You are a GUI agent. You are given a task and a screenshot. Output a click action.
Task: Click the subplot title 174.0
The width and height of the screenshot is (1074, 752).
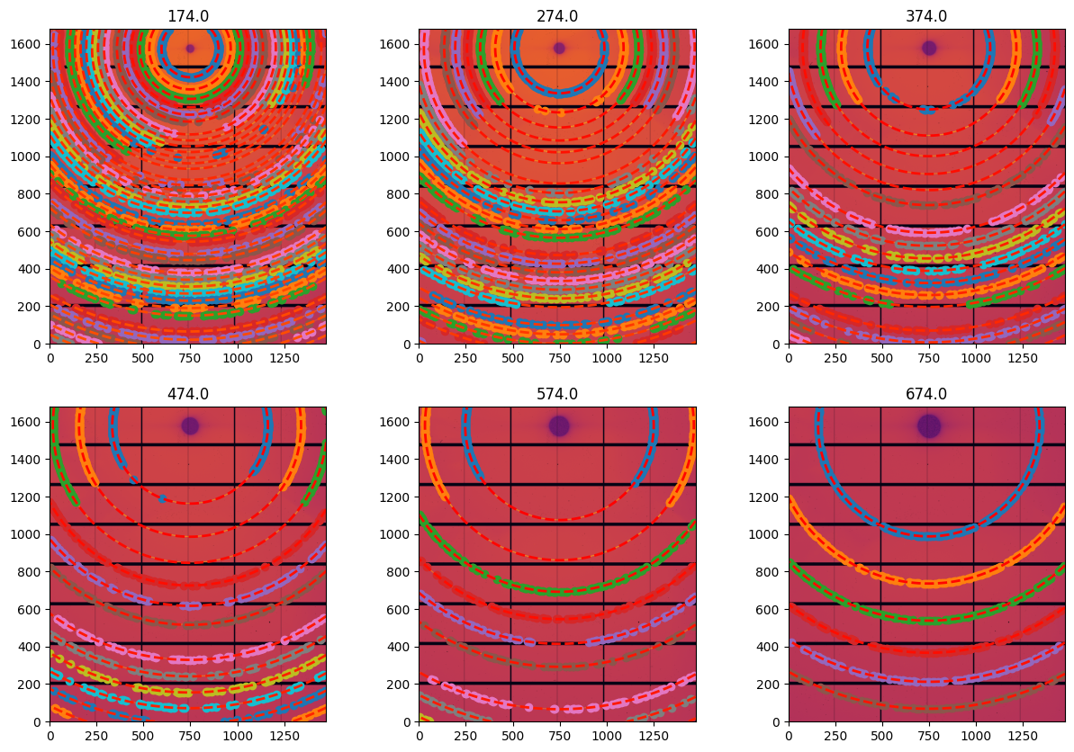[188, 16]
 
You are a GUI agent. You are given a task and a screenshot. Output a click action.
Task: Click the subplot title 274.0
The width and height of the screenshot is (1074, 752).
[557, 16]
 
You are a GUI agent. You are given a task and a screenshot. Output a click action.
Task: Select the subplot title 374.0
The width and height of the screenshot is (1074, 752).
[926, 16]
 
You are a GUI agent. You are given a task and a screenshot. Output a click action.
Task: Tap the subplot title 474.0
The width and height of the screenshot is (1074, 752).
[188, 394]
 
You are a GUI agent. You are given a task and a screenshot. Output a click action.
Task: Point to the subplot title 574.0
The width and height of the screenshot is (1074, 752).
[557, 394]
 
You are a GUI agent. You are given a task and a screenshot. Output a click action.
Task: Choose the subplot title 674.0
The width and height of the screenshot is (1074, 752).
[926, 394]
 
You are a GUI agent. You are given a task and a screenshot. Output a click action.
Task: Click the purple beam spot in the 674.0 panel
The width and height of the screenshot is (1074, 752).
[928, 425]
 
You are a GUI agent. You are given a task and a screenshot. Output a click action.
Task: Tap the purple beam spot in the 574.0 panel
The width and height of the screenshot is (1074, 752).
[559, 425]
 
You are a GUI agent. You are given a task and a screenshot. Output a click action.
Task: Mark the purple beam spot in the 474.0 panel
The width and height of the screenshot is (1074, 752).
[190, 425]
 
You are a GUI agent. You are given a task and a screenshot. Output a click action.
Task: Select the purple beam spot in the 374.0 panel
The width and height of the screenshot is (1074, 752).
[928, 48]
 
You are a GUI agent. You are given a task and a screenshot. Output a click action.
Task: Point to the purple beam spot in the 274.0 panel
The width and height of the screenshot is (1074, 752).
[559, 48]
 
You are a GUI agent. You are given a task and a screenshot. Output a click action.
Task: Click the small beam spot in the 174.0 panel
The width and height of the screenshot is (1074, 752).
[190, 49]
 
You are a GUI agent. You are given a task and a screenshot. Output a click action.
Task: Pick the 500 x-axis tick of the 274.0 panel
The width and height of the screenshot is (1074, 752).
[511, 357]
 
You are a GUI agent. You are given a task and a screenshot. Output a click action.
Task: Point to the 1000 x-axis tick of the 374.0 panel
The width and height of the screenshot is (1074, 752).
[974, 357]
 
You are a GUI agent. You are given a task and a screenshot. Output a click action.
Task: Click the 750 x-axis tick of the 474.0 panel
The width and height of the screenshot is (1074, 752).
[188, 735]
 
